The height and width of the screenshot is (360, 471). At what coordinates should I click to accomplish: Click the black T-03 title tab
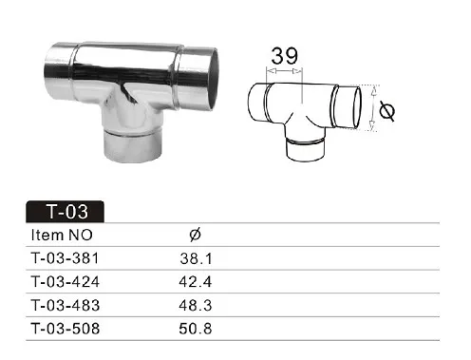point(65,211)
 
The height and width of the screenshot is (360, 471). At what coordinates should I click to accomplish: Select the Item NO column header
point(62,235)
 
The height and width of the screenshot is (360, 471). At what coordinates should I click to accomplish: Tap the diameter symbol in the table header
point(195,235)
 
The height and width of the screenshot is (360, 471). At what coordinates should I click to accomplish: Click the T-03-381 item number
point(66,258)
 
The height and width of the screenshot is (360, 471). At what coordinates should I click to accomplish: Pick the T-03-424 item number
point(66,281)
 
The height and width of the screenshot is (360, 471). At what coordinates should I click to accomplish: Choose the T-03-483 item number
point(66,305)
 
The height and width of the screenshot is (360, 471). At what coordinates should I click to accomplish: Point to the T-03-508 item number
point(66,329)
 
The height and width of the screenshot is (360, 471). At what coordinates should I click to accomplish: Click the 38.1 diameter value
point(196,258)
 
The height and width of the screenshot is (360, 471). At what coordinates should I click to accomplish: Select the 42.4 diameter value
point(196,281)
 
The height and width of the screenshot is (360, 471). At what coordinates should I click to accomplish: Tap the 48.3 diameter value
point(196,305)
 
